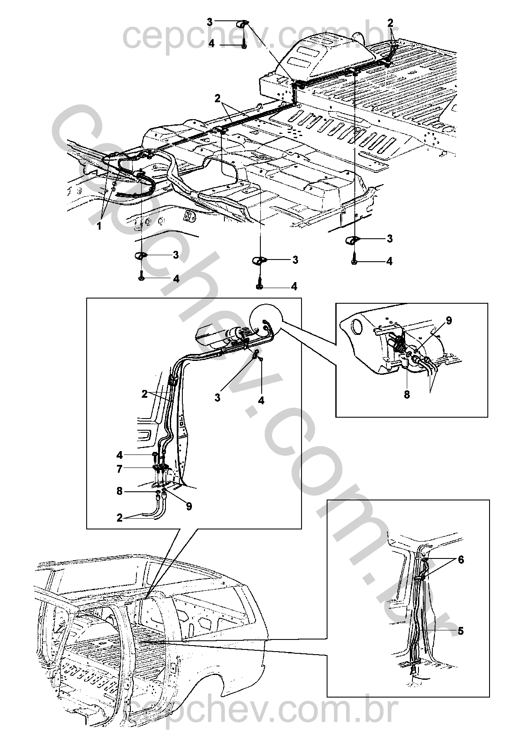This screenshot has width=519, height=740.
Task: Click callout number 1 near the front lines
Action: coord(99,226)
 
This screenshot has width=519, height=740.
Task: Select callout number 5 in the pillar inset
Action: coord(461,631)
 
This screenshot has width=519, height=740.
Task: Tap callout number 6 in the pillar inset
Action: coord(461,560)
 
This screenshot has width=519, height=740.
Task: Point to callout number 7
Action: coord(120,468)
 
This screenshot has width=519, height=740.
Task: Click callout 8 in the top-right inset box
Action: coord(407,394)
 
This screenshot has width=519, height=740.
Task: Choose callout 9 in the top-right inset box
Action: coord(449,321)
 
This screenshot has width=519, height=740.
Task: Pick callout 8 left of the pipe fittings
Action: coord(120,491)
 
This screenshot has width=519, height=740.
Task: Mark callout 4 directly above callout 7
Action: coord(120,455)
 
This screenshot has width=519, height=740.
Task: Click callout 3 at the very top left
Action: coord(210,21)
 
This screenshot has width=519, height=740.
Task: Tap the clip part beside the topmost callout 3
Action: coord(243,23)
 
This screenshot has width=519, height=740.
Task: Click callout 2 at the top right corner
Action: coord(390,23)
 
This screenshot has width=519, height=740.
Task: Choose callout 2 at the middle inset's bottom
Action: coord(120,518)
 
